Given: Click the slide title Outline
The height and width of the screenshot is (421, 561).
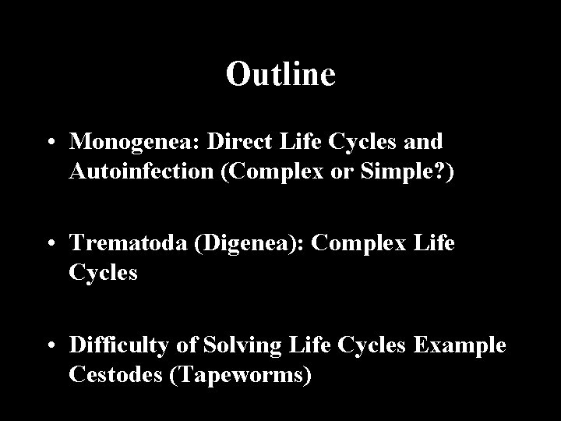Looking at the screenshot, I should pos(280,74).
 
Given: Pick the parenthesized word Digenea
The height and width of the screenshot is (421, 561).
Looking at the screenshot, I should pos(242,242).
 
